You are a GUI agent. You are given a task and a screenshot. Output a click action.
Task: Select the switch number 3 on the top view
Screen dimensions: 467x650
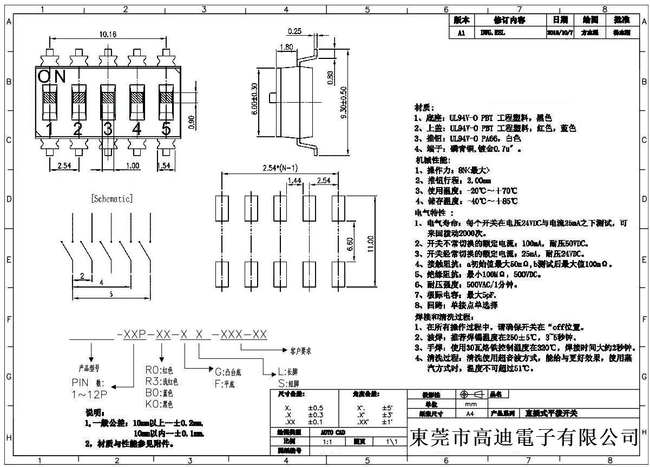[108, 129]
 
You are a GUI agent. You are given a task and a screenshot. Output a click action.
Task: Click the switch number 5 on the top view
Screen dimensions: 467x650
[166, 129]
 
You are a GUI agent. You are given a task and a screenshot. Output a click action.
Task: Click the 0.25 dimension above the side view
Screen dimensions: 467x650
[295, 31]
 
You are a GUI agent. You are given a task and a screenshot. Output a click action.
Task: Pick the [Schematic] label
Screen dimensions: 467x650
[112, 199]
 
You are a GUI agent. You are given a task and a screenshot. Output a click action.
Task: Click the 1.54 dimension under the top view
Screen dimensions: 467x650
[164, 165]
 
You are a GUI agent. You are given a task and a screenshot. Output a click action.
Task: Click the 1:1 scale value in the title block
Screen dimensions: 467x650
[327, 442]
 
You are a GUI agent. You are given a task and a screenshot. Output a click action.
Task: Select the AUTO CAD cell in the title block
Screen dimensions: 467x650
[333, 432]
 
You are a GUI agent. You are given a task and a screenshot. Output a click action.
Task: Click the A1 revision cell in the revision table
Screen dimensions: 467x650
[461, 32]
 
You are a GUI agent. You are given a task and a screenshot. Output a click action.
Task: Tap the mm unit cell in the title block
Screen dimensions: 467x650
[470, 404]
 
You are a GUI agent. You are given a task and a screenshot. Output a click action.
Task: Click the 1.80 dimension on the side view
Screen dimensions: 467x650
[287, 46]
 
